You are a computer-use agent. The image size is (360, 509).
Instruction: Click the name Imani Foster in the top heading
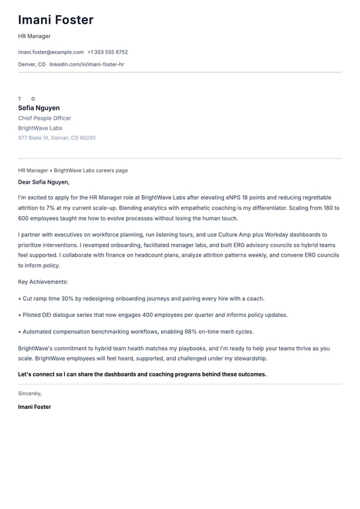[56, 20]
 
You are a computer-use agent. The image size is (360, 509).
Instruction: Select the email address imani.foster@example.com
[50, 52]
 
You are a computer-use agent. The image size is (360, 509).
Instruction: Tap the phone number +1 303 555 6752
[107, 52]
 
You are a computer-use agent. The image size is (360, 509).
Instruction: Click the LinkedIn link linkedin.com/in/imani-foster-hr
[86, 64]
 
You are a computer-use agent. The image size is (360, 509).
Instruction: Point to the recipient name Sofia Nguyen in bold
[38, 108]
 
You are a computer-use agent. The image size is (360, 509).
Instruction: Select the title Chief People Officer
[44, 118]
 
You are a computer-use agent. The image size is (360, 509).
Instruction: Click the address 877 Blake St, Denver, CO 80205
[56, 138]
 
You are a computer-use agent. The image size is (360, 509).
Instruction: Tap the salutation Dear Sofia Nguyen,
[44, 182]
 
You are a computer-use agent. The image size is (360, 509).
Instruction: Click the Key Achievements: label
[42, 282]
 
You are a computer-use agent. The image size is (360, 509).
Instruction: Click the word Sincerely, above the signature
[30, 393]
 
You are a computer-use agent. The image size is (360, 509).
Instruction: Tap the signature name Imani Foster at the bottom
[34, 407]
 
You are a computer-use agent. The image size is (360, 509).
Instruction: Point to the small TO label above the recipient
[27, 99]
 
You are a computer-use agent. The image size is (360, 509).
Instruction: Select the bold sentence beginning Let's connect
[142, 374]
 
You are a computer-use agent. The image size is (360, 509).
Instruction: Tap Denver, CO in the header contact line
[32, 64]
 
